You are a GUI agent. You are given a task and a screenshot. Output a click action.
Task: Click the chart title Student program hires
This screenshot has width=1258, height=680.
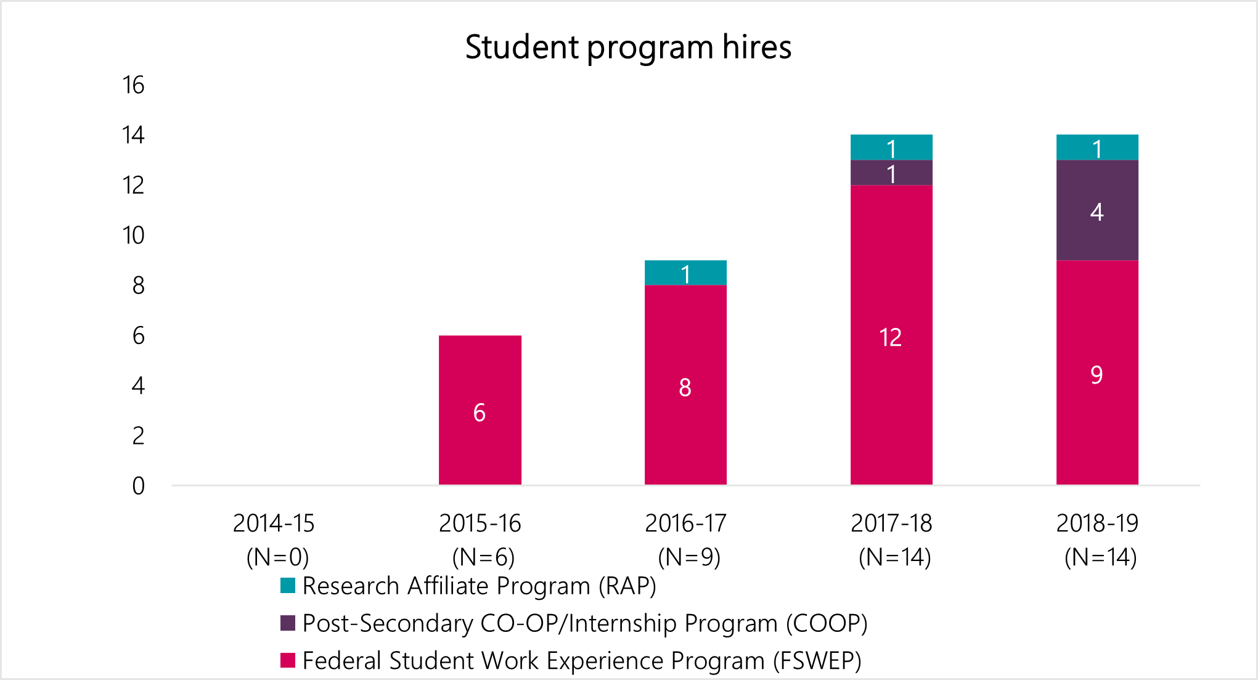coord(628,47)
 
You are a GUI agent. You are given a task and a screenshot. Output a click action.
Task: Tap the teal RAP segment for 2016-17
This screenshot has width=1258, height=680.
coord(685,272)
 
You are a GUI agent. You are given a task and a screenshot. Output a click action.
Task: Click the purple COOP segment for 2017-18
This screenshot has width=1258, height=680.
coord(891,173)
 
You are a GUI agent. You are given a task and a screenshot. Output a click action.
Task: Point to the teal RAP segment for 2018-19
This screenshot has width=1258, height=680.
coord(1097,147)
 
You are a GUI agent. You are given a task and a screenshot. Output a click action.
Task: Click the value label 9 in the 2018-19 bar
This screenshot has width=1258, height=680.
coord(1097,375)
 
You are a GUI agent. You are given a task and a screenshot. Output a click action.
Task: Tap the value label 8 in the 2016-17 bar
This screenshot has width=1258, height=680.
coord(685,388)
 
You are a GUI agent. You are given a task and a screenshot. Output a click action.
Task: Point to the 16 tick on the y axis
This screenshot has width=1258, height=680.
coord(133,85)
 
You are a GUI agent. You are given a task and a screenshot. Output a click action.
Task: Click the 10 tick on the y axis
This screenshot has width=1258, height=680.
coord(133,236)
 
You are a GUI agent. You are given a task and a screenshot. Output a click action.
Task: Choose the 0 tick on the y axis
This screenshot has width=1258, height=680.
coord(139,486)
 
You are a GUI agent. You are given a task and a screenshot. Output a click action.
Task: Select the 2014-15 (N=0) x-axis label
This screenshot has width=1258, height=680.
coord(274,540)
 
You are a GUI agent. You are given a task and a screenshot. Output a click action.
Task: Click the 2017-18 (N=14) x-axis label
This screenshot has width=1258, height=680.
coord(892,540)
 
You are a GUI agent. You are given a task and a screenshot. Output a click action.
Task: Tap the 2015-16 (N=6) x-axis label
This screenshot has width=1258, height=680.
coord(480,540)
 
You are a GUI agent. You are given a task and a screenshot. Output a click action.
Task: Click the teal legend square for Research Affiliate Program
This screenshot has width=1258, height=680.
coord(288,586)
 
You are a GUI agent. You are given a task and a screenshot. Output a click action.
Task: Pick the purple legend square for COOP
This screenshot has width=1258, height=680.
coord(288,623)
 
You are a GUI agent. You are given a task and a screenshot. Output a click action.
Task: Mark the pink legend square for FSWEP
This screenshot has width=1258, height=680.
coord(288,660)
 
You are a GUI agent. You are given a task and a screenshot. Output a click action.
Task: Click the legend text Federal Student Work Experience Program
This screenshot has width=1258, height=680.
coord(582,660)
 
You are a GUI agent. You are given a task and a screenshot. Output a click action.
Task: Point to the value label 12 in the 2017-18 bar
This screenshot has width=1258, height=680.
coord(891,337)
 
